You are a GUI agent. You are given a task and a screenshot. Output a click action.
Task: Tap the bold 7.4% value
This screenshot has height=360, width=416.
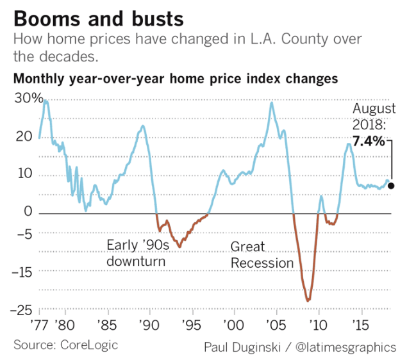(x=367, y=141)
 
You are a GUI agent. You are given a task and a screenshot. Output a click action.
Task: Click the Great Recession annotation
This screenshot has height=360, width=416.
(x=262, y=255)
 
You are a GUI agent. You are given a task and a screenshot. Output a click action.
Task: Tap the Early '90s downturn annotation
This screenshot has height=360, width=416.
(x=136, y=252)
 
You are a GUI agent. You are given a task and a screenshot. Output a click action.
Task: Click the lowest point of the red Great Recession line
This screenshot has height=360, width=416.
(x=308, y=300)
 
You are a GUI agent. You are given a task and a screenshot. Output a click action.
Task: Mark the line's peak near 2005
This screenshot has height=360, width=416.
(x=272, y=102)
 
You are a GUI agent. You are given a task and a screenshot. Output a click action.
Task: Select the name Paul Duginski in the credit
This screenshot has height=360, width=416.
(x=241, y=347)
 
